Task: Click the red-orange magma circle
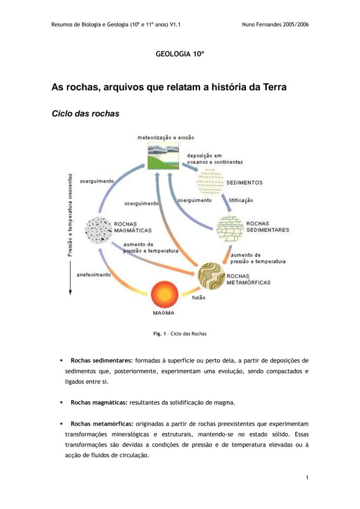[164, 295]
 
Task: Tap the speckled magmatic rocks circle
[99, 230]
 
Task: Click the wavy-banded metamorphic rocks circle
[211, 276]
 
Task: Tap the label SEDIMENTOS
[244, 183]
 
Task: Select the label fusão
[198, 298]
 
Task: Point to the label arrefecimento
[93, 275]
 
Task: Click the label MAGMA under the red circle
[164, 313]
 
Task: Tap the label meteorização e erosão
[166, 137]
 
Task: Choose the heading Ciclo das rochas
[85, 114]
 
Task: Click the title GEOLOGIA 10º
[180, 54]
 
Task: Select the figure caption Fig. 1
[180, 334]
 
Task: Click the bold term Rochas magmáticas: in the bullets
[99, 403]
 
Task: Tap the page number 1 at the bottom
[307, 478]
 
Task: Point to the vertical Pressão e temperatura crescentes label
[70, 215]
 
